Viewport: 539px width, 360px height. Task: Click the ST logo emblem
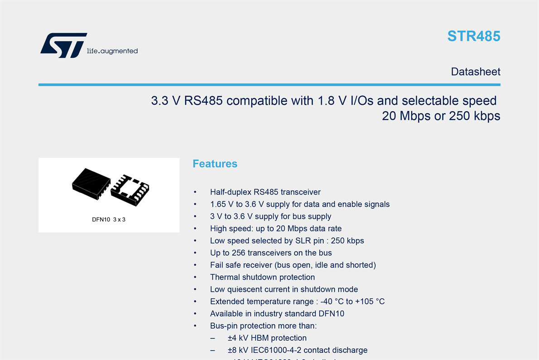[63, 45]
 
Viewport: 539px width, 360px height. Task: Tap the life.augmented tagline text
[112, 51]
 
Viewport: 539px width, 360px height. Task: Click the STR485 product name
[474, 36]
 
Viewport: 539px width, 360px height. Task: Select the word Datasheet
[476, 72]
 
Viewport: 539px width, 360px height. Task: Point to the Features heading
[215, 163]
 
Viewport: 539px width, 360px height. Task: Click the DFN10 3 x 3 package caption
[109, 220]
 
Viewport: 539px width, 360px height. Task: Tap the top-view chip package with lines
[91, 184]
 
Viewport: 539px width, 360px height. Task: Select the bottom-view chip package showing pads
[130, 190]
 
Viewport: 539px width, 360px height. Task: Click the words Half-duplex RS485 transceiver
[265, 192]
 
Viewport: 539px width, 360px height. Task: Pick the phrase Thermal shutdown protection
[262, 277]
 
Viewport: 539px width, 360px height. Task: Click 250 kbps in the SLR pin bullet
[347, 241]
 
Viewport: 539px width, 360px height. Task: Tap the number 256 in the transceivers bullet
[239, 253]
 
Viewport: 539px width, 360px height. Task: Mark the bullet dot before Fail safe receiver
[195, 265]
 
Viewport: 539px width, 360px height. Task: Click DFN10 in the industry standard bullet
[332, 314]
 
